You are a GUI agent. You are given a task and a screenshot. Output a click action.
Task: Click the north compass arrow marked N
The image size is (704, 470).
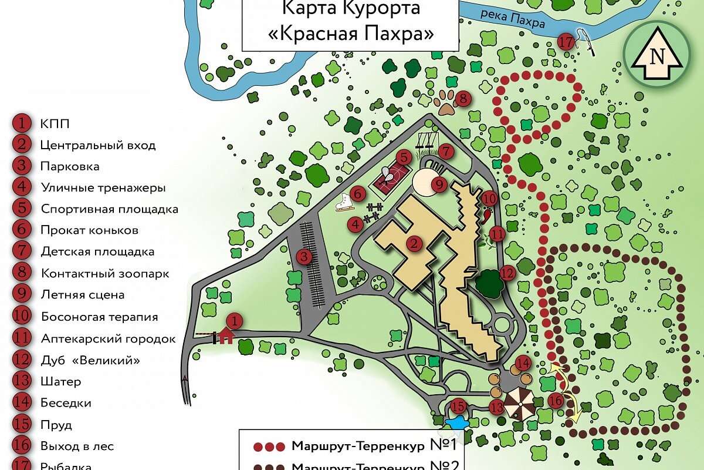(657, 56)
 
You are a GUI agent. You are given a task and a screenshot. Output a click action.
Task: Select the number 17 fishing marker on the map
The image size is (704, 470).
(566, 42)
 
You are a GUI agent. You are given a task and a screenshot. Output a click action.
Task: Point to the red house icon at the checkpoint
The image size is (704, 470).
(226, 335)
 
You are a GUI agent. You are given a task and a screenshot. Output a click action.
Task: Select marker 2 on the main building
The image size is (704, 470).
(415, 243)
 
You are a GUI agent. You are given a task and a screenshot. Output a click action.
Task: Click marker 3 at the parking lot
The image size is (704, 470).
(303, 256)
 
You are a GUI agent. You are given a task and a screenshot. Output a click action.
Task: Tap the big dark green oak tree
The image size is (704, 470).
(488, 284)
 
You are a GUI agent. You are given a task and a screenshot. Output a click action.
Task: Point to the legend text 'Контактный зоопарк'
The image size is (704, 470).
(105, 274)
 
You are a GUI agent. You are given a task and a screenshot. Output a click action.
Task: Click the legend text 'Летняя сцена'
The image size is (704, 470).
(83, 295)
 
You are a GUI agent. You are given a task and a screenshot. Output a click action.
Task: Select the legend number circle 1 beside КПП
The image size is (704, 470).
(21, 123)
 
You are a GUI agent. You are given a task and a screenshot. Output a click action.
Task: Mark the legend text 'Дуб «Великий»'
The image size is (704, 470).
(90, 360)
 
